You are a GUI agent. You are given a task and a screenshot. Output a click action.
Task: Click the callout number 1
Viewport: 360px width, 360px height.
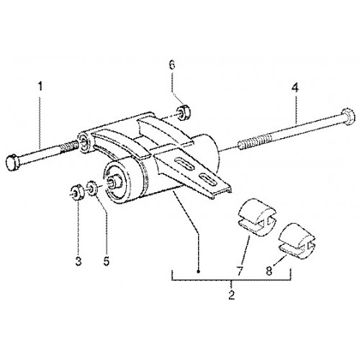click(41, 86)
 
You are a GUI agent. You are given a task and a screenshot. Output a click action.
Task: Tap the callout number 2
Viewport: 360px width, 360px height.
click(232, 294)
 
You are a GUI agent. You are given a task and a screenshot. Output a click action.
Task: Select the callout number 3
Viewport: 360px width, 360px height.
click(78, 261)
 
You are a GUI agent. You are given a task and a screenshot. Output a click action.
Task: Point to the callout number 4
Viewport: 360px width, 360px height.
click(295, 88)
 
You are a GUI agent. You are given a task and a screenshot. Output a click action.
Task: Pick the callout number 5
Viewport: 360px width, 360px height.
click(107, 261)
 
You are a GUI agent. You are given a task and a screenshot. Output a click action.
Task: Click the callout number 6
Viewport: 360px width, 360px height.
click(172, 65)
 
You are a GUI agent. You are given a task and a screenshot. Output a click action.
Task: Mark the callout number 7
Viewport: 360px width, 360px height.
click(241, 271)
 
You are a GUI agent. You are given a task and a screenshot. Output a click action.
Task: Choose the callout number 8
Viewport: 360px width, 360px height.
click(269, 271)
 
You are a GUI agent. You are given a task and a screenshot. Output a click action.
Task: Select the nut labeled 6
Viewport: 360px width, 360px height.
click(184, 112)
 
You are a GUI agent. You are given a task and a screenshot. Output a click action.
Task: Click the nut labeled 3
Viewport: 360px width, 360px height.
click(77, 192)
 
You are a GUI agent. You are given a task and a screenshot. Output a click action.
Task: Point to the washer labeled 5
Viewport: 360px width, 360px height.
click(92, 188)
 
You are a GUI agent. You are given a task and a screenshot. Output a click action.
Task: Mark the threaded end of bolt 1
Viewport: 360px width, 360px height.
click(70, 148)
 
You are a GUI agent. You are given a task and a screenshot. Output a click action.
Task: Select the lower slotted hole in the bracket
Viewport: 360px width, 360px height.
click(208, 179)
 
